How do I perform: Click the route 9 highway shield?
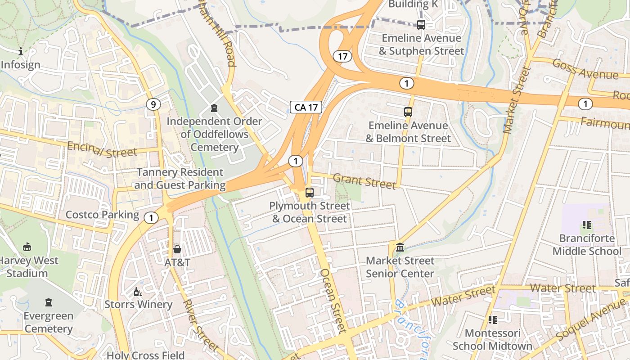(x=153, y=105)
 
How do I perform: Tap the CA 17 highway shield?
(x=306, y=107)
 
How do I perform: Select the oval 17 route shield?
(x=342, y=56)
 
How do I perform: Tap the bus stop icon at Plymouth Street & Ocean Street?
(x=310, y=193)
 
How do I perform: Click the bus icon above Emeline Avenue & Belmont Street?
(x=408, y=112)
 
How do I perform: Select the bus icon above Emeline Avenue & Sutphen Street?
(x=421, y=25)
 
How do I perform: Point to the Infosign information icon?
(x=21, y=52)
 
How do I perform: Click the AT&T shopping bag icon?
(x=177, y=249)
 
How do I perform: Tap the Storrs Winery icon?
(x=138, y=292)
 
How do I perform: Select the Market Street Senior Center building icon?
(x=400, y=247)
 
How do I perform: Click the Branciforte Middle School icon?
(x=587, y=225)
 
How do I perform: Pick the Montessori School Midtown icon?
(x=493, y=320)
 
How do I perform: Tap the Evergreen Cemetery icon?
(x=49, y=302)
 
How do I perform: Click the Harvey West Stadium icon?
(x=27, y=247)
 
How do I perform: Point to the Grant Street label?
(x=364, y=181)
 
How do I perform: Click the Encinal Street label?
(x=102, y=149)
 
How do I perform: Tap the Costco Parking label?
(x=102, y=215)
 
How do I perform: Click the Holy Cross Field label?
(x=145, y=355)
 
